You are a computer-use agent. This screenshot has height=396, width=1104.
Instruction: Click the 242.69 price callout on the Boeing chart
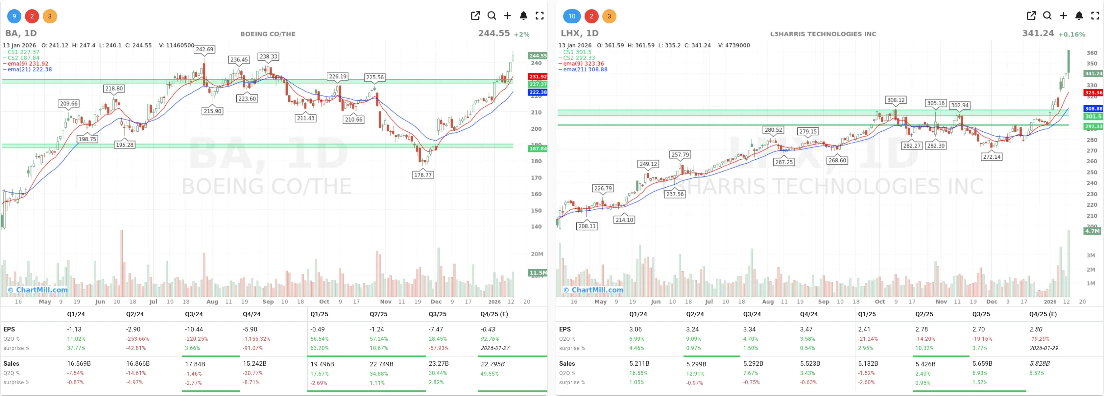pyautogui.click(x=204, y=49)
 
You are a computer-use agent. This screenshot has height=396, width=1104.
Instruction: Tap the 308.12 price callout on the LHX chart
pyautogui.click(x=896, y=100)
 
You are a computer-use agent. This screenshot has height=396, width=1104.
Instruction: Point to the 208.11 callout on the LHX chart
pyautogui.click(x=587, y=226)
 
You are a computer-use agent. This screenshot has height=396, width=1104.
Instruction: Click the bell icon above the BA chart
pyautogui.click(x=523, y=16)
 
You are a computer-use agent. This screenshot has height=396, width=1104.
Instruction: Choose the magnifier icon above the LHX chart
pyautogui.click(x=1047, y=16)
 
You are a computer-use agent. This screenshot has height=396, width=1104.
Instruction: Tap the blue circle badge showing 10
pyautogui.click(x=572, y=16)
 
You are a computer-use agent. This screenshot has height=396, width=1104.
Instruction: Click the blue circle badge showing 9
pyautogui.click(x=14, y=16)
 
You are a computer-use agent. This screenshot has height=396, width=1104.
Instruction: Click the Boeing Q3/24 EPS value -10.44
pyautogui.click(x=194, y=329)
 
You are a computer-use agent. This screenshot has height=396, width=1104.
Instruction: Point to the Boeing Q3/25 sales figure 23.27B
pyautogui.click(x=438, y=363)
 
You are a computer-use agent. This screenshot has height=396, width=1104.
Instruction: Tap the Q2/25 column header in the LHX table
pyautogui.click(x=924, y=314)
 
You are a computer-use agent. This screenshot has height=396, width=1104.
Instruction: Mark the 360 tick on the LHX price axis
pyautogui.click(x=1092, y=53)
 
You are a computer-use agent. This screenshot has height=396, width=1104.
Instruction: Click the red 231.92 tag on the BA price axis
pyautogui.click(x=538, y=77)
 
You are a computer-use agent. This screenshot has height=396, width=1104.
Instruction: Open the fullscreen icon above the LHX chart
pyautogui.click(x=1095, y=16)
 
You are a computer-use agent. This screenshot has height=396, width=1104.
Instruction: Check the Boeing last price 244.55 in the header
pyautogui.click(x=494, y=34)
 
